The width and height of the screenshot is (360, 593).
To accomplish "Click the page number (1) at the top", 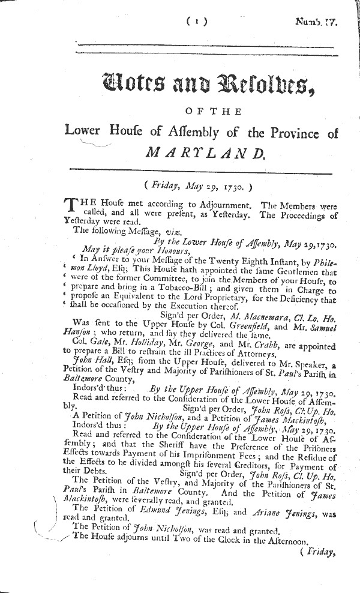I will click(x=197, y=22).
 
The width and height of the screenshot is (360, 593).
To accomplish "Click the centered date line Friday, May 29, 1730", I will click(x=197, y=187).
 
